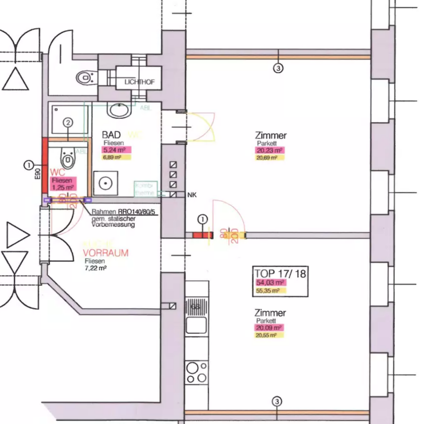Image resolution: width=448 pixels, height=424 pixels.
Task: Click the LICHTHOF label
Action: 139,82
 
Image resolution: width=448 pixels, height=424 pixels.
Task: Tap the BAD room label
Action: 111,135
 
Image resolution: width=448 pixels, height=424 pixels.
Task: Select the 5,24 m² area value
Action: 116,150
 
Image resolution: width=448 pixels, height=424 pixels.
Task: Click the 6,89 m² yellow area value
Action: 112,158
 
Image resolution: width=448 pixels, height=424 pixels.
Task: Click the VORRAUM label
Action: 106,253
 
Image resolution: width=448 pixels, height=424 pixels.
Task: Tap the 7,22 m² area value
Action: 95,268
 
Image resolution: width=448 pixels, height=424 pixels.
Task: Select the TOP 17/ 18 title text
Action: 280,273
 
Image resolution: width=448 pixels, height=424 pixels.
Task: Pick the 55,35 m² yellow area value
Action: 268,291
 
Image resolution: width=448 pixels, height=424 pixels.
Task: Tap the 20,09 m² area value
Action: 269,328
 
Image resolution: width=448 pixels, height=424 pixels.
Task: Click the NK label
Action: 192,195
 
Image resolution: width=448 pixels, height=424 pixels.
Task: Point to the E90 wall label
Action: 38,174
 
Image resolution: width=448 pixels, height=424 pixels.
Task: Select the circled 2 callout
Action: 68,123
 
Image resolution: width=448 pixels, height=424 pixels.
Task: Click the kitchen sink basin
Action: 196,325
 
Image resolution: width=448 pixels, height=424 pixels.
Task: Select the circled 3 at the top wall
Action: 278,68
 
